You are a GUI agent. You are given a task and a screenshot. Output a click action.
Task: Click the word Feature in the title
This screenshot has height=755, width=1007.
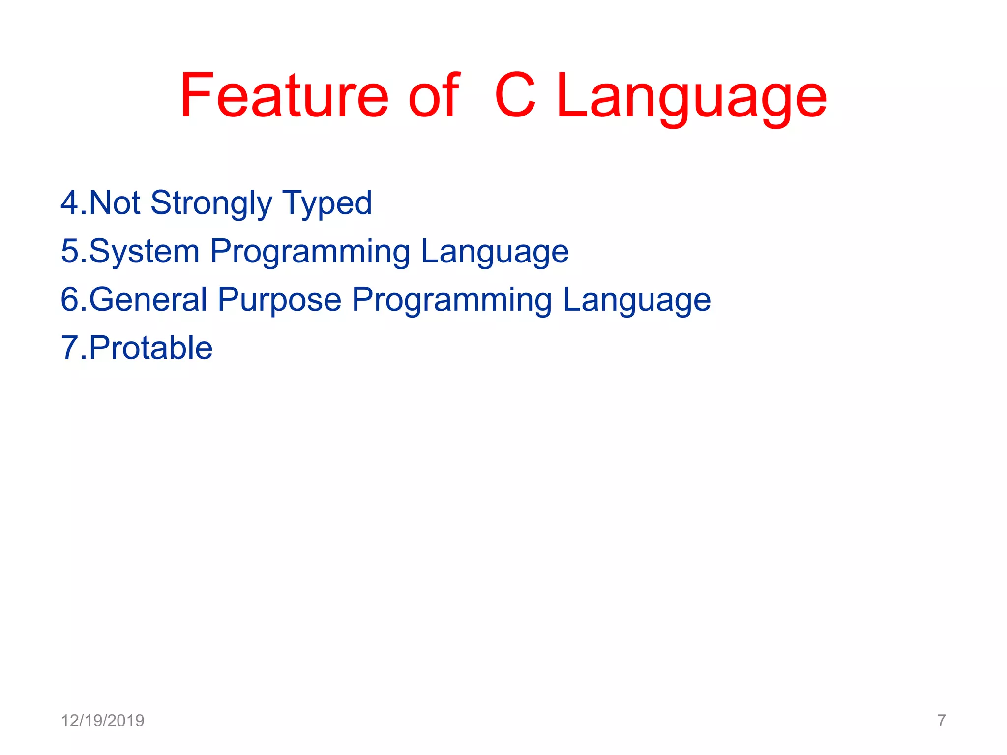pos(284,95)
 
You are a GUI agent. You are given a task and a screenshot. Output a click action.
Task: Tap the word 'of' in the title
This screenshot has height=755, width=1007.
pos(434,95)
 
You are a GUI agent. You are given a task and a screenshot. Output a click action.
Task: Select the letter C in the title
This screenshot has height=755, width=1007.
pos(515,95)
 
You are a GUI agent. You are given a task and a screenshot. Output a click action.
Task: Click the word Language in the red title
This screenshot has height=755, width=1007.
pos(692,98)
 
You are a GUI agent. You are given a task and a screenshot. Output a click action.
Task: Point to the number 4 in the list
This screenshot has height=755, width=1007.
pos(69,203)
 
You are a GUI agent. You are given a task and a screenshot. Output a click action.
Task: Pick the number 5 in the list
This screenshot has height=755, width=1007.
pos(69,251)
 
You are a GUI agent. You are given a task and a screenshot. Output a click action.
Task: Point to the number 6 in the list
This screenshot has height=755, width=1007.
pos(69,299)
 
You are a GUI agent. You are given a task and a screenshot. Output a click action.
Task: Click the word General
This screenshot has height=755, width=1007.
pos(148,299)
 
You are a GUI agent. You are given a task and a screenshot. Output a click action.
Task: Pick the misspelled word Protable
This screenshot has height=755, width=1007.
pos(150,348)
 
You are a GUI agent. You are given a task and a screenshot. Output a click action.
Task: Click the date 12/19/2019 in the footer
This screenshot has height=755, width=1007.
pos(102,721)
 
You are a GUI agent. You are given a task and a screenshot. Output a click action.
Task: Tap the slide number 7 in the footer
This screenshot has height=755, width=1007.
pos(941,721)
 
